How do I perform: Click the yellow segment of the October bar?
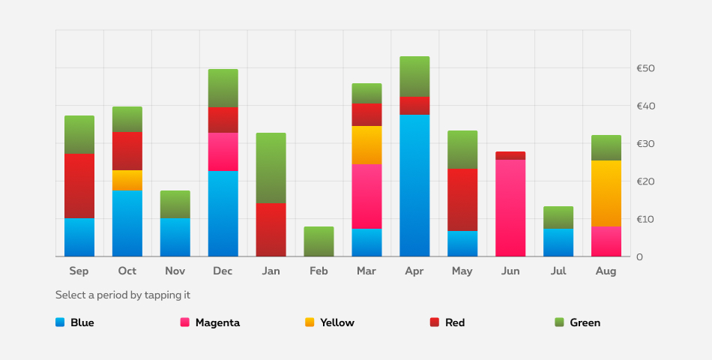tap(127, 180)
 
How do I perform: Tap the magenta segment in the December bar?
tap(223, 151)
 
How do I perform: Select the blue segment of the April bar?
tap(414, 185)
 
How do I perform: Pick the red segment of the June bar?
tap(510, 155)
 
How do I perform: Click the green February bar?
tap(319, 241)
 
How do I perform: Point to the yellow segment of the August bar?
tap(606, 193)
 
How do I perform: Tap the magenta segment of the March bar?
tap(366, 196)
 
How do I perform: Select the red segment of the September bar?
tap(79, 186)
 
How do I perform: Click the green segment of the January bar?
tap(271, 168)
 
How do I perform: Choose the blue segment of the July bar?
tap(558, 242)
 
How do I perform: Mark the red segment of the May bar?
tap(462, 199)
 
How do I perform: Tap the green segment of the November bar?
tap(175, 204)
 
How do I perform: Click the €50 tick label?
tap(645, 68)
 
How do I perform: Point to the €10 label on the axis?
tap(645, 219)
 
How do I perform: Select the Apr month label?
tap(414, 271)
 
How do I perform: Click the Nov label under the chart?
tap(175, 271)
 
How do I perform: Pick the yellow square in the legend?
tap(310, 322)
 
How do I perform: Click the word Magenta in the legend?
tap(217, 322)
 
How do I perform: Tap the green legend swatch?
tap(559, 322)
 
